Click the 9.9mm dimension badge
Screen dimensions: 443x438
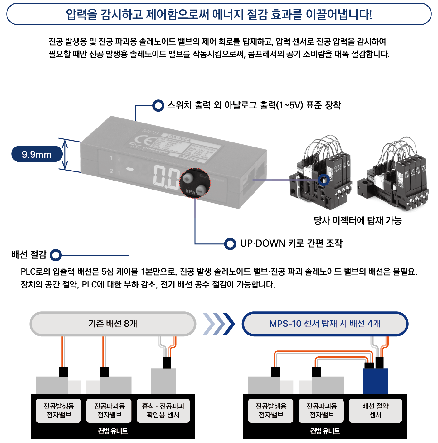click(x=37, y=154)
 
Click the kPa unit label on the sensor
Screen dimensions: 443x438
click(x=190, y=191)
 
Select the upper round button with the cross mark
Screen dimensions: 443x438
click(x=188, y=178)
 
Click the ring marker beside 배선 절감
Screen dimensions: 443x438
click(x=56, y=255)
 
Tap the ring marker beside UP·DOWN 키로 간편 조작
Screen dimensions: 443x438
click(x=230, y=244)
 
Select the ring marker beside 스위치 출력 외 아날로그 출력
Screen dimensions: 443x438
click(x=158, y=105)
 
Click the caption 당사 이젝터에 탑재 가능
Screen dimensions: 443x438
click(x=358, y=221)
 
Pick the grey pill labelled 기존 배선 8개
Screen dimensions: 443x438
click(x=113, y=324)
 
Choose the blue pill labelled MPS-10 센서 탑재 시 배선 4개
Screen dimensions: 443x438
click(x=325, y=324)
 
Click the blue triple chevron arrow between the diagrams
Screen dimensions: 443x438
click(x=219, y=324)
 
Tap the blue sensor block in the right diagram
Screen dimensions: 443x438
click(x=376, y=381)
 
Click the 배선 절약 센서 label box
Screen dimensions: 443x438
click(x=375, y=411)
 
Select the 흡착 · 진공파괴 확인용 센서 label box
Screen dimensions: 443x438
click(x=163, y=411)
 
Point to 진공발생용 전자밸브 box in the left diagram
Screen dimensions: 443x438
click(x=59, y=411)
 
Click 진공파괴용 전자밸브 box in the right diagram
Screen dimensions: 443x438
click(x=322, y=411)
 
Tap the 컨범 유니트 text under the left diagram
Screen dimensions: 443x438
click(x=113, y=431)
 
